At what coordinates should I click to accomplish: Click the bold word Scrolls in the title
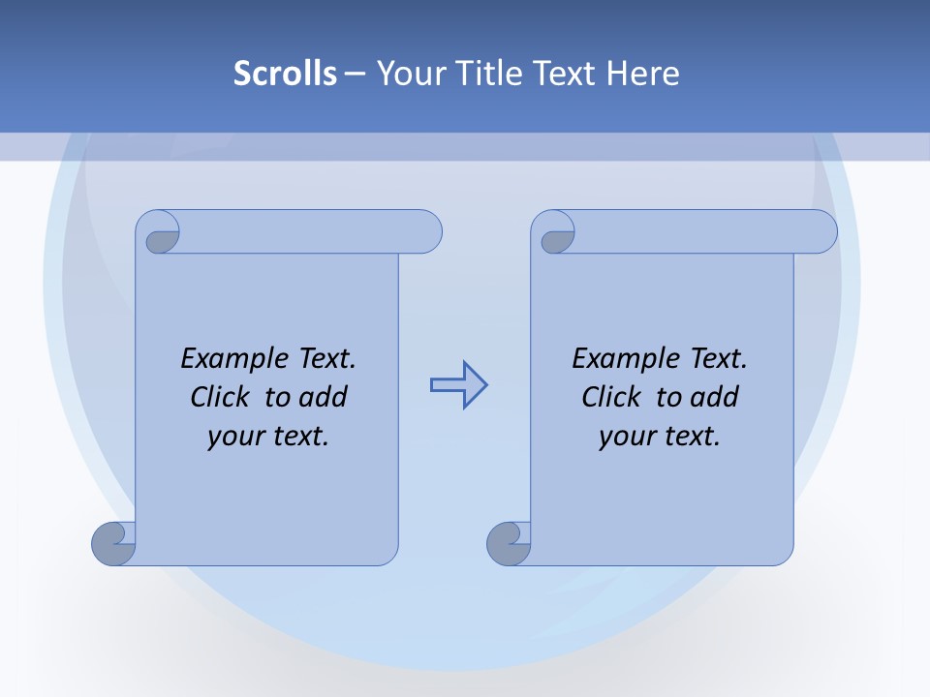coord(286,73)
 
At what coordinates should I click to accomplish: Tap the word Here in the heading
coord(643,73)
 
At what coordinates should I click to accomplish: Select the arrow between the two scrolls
coord(458,385)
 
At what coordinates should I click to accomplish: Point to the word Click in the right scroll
coord(611,397)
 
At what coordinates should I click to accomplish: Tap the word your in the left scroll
coord(233,437)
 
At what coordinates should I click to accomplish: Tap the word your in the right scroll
coord(625,437)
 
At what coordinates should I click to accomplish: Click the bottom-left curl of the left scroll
coord(114,543)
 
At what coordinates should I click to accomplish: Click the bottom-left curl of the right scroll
coord(510,544)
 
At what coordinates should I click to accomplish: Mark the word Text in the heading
coord(566,73)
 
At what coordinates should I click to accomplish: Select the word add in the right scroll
coord(715,397)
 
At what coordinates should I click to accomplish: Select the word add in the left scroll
coord(324,397)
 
